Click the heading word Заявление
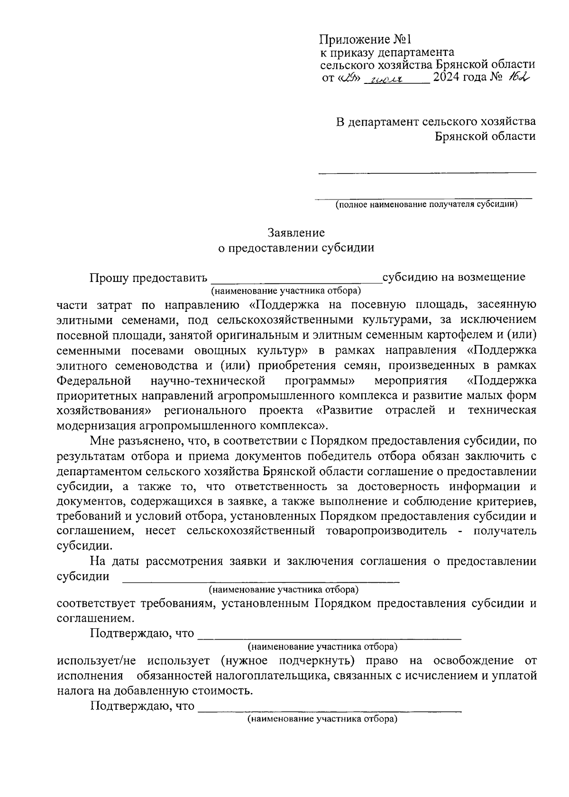click(296, 233)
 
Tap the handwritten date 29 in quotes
click(351, 78)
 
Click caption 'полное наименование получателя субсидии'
click(426, 205)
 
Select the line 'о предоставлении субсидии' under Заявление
click(295, 248)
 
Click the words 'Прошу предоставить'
click(148, 277)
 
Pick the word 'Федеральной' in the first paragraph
click(94, 380)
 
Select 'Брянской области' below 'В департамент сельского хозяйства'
click(486, 136)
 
